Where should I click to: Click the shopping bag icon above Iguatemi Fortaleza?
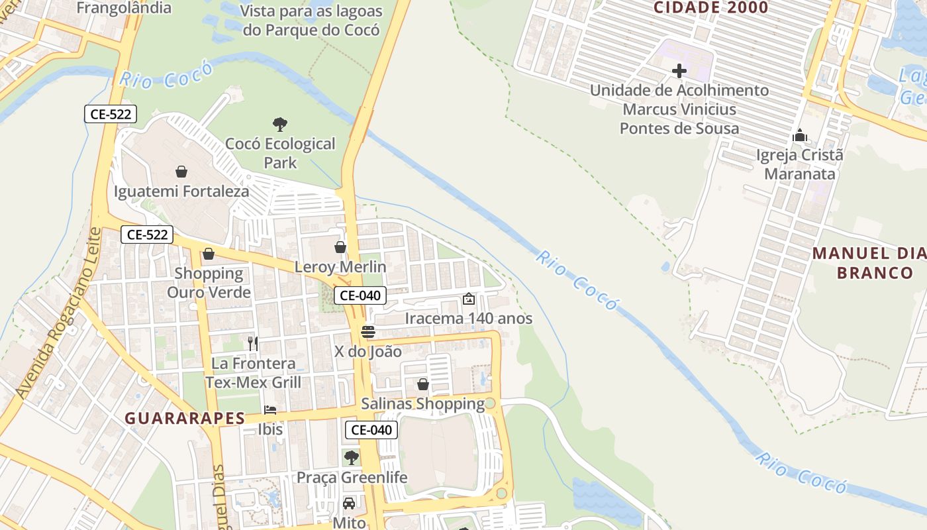coord(181,172)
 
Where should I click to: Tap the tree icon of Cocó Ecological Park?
coord(280,124)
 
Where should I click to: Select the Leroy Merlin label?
coord(340,267)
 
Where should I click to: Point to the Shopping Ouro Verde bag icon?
coord(209,254)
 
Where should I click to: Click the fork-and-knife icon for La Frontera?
coord(252,343)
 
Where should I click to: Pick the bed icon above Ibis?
coord(270,410)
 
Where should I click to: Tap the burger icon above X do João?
coord(368,332)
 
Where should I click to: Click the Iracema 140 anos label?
coord(468,318)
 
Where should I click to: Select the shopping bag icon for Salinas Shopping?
coord(423,384)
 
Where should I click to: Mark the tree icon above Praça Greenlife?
coord(352,458)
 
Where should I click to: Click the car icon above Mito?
coord(349,503)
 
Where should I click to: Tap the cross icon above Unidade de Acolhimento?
coord(679,71)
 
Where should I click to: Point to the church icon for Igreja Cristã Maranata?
coord(800,136)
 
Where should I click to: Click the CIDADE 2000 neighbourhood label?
coord(710,8)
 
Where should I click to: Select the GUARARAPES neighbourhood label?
coord(185,419)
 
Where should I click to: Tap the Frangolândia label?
coord(124,8)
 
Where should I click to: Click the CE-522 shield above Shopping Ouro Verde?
coord(147,235)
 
